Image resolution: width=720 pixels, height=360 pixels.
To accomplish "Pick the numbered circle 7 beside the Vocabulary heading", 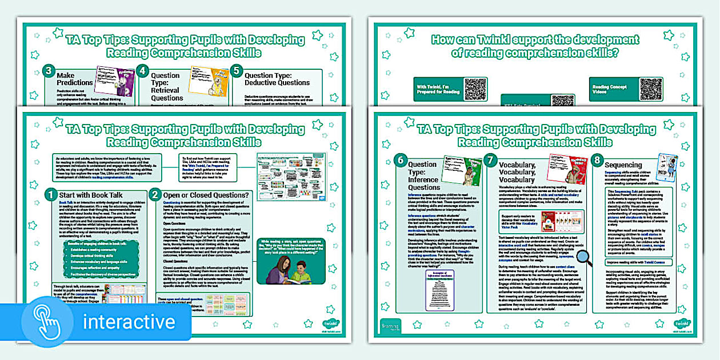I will click(490, 162).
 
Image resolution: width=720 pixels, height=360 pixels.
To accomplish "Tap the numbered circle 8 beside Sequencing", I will click(598, 162).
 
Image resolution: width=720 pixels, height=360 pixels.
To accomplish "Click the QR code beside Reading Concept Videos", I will click(651, 89).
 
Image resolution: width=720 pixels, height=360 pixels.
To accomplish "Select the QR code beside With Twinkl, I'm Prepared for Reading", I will click(475, 89).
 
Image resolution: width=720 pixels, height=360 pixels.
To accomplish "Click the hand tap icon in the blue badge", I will click(49, 322).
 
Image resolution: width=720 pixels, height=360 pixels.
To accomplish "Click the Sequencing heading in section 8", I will click(623, 165).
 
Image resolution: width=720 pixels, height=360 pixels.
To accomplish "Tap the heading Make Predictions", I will click(74, 79).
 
